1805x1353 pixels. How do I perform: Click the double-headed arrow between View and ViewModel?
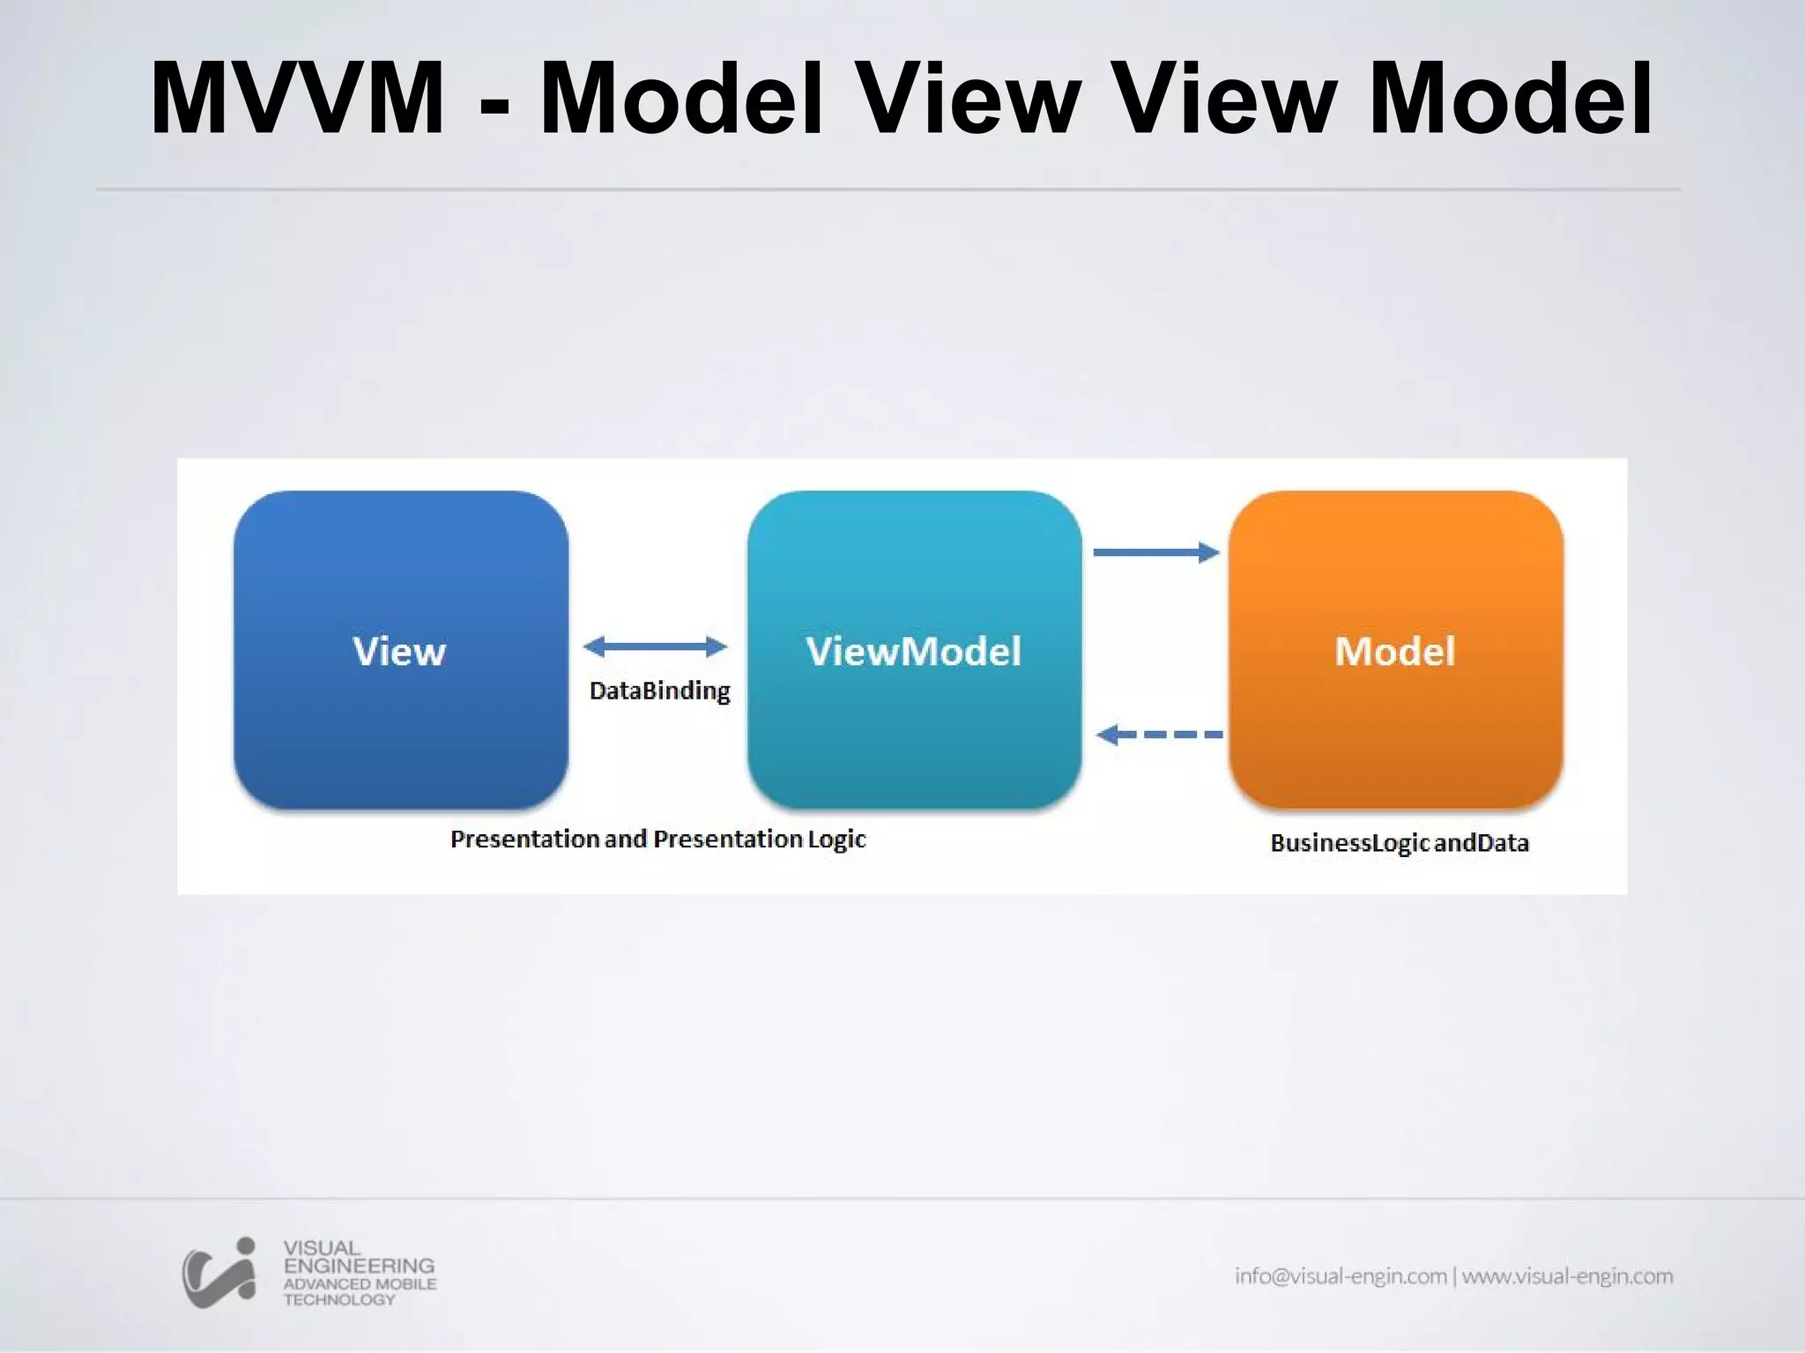655,647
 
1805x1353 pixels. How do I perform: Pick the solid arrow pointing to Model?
1156,552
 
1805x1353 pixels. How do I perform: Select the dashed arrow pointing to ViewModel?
1159,734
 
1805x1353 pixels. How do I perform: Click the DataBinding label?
659,691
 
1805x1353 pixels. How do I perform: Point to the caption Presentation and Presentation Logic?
657,839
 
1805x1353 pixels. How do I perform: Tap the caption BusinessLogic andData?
1399,843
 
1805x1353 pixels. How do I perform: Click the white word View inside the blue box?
399,652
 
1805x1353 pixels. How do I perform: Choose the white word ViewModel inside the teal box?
914,652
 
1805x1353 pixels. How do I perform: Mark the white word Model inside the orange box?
1395,652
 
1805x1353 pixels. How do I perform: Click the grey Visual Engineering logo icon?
219,1273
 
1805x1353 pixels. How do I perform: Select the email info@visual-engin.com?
1341,1275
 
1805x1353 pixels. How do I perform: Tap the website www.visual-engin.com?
1567,1275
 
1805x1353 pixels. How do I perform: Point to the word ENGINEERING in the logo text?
359,1266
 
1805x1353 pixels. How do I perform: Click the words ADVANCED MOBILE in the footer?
360,1284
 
